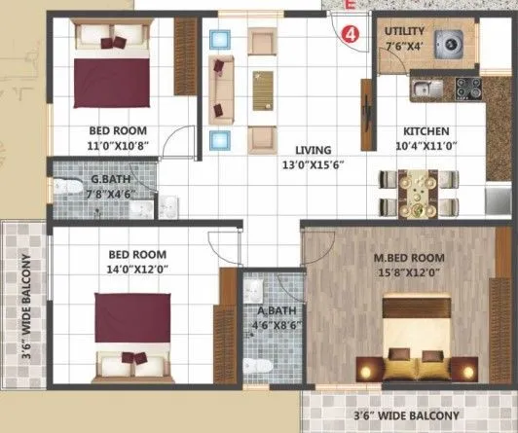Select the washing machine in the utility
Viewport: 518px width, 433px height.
point(449,45)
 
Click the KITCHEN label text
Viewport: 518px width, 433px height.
point(426,131)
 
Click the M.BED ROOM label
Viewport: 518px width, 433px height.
point(409,258)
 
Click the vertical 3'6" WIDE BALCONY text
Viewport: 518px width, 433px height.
point(26,307)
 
